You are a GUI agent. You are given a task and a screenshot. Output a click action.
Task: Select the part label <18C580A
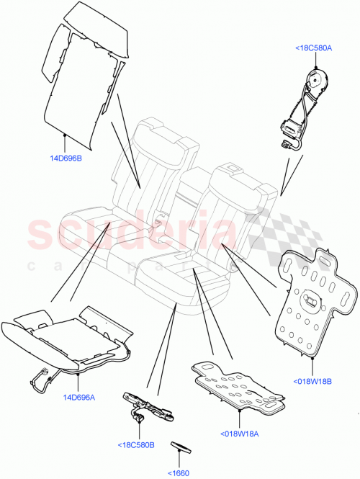[313, 48]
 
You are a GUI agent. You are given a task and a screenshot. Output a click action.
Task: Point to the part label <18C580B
[136, 444]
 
